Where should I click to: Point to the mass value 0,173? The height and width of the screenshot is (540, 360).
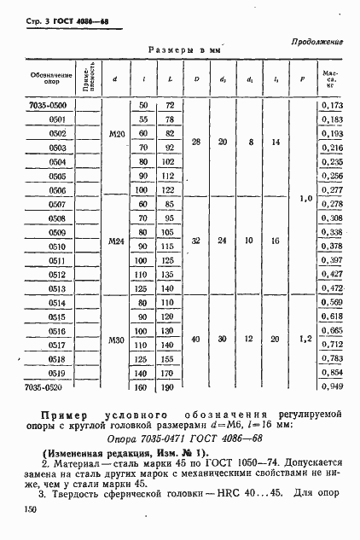coord(331,104)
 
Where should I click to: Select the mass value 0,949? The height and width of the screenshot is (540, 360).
coord(331,386)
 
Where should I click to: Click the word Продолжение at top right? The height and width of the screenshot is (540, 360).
coord(317,40)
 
